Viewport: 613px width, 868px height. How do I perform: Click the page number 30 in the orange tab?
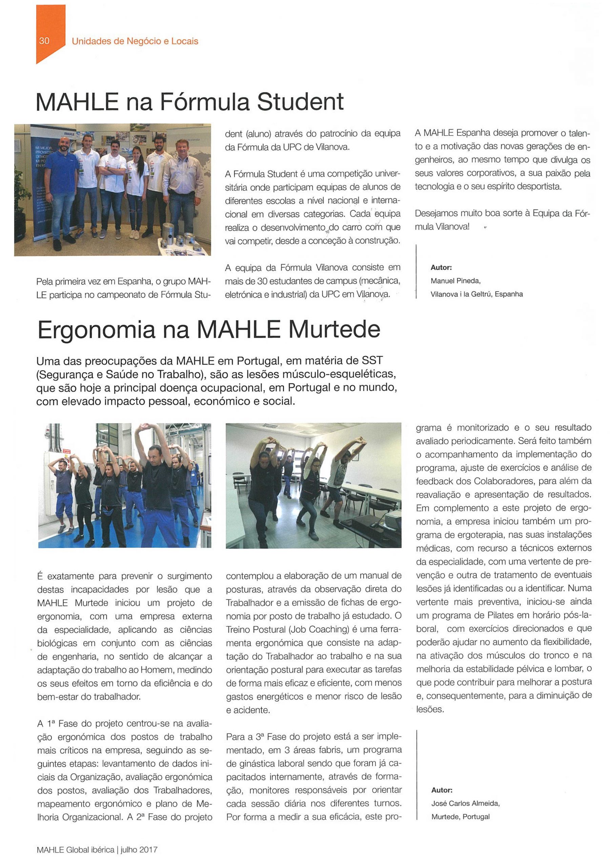point(44,41)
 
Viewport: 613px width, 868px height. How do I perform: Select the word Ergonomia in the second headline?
point(96,330)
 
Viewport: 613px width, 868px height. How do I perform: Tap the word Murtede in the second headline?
point(334,330)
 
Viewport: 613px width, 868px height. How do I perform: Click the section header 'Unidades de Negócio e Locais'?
point(135,41)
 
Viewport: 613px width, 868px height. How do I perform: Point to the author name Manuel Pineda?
point(455,281)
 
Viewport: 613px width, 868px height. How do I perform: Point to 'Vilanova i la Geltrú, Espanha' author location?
point(476,294)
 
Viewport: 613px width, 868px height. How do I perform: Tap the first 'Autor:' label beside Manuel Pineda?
point(441,268)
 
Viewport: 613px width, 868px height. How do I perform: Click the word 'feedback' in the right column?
point(433,481)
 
